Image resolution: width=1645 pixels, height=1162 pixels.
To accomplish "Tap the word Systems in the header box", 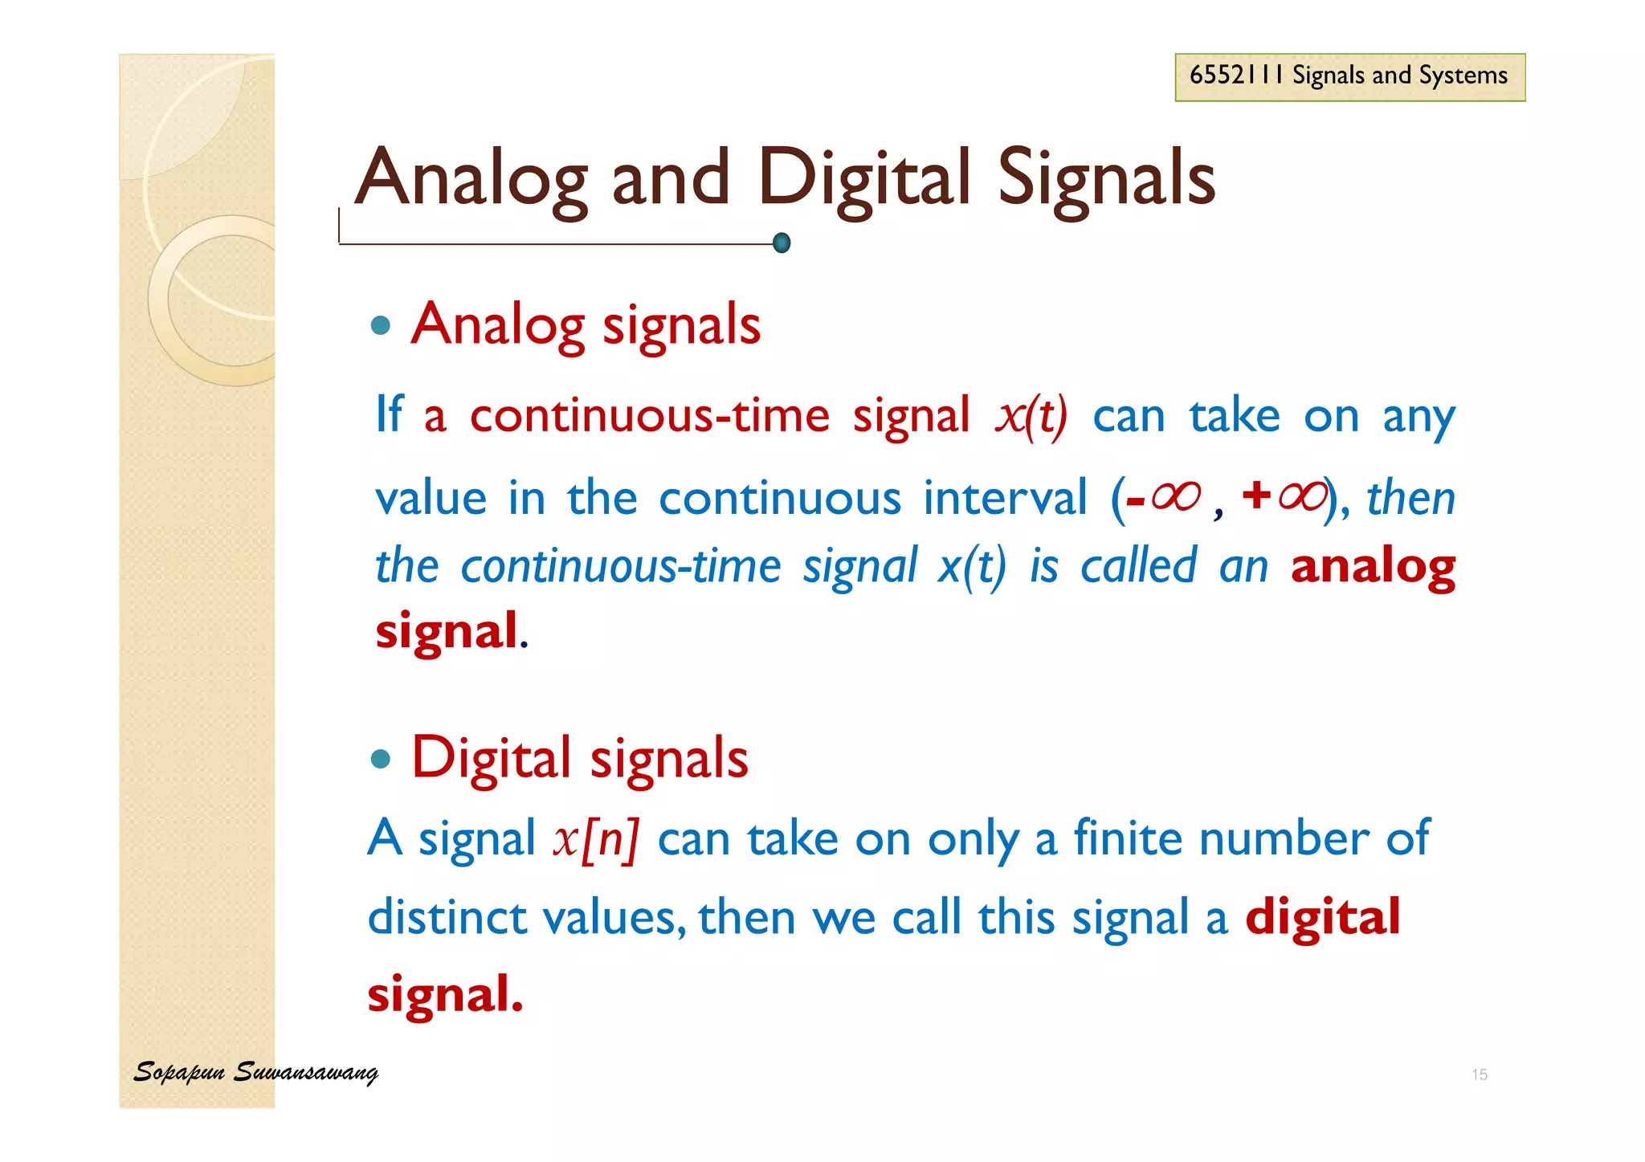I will pyautogui.click(x=1463, y=76).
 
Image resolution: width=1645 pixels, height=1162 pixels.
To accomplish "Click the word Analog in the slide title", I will pyautogui.click(x=471, y=179).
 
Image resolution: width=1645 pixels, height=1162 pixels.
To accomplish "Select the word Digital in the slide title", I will pyautogui.click(x=863, y=179).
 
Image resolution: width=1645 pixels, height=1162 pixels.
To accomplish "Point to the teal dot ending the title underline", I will pyautogui.click(x=782, y=243).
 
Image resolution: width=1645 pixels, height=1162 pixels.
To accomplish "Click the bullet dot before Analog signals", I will pyautogui.click(x=381, y=325).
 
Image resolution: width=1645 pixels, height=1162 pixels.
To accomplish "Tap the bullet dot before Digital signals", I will pyautogui.click(x=381, y=759).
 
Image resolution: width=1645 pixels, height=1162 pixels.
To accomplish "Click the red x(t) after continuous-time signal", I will pyautogui.click(x=1031, y=416).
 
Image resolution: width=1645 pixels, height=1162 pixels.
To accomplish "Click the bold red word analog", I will pyautogui.click(x=1373, y=568).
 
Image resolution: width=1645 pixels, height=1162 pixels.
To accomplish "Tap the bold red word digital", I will pyautogui.click(x=1322, y=916).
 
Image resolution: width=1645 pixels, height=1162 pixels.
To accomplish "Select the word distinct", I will pyautogui.click(x=447, y=916).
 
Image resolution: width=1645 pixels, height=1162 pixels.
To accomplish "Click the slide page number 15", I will pyautogui.click(x=1479, y=1074).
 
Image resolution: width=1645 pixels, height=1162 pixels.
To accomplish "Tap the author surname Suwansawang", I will pyautogui.click(x=305, y=1073).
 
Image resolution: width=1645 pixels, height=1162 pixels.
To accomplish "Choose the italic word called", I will pyautogui.click(x=1138, y=566).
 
